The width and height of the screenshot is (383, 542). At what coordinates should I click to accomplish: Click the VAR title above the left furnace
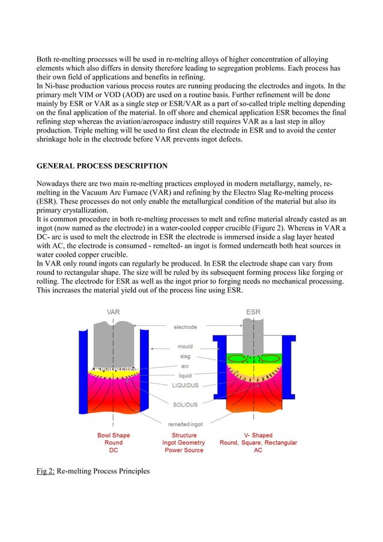click(113, 312)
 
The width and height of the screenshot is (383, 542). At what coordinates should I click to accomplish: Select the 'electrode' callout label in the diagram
click(185, 327)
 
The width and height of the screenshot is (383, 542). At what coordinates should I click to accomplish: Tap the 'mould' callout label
click(185, 346)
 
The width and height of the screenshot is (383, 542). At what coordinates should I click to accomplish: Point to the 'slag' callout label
click(185, 356)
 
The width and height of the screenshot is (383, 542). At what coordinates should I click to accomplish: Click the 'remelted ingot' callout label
click(185, 424)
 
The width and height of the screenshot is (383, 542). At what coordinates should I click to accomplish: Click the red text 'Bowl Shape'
click(113, 435)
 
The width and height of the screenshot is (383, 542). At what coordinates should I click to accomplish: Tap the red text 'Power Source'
click(185, 450)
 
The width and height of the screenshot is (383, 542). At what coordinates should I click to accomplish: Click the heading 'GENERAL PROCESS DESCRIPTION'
click(102, 165)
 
